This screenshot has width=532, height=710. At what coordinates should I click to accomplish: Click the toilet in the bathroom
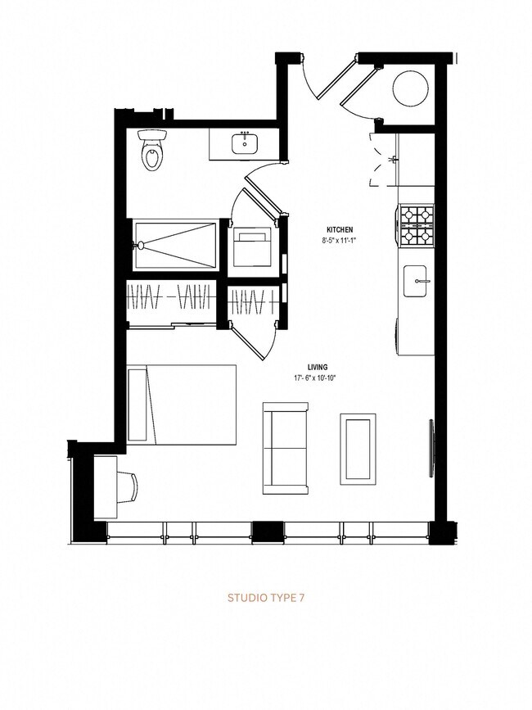tap(152, 150)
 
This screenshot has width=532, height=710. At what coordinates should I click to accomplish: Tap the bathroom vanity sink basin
tap(245, 145)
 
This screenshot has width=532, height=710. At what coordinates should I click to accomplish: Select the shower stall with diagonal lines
tap(176, 244)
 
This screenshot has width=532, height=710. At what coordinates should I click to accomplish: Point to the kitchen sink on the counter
tap(417, 281)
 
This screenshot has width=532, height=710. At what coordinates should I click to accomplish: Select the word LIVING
tap(318, 368)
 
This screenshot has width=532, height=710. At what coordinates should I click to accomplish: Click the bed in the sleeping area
tap(182, 404)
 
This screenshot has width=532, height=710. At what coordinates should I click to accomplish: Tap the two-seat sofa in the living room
tap(285, 448)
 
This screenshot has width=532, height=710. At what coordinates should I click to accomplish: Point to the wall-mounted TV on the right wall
tap(431, 442)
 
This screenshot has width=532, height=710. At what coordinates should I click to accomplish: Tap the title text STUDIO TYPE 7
tap(265, 599)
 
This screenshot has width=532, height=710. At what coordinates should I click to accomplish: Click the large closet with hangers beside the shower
tap(171, 301)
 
